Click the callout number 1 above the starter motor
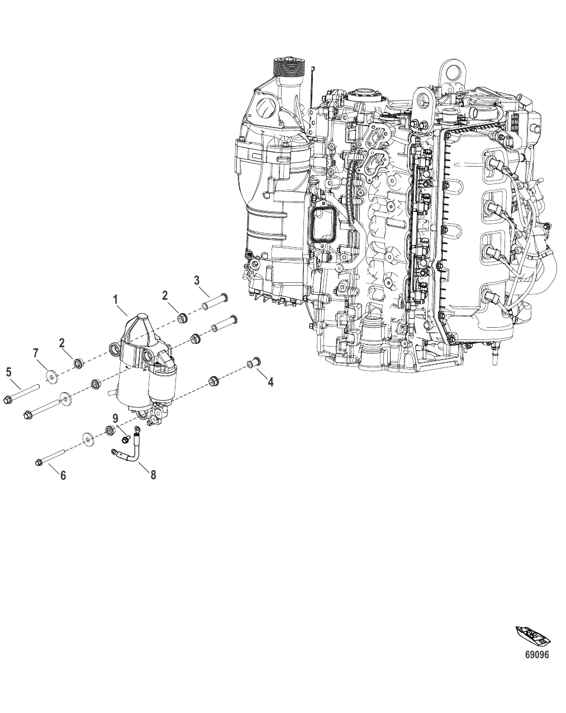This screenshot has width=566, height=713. [116, 300]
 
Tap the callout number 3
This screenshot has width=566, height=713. [197, 280]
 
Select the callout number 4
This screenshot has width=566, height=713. [270, 382]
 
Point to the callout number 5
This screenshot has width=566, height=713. [8, 371]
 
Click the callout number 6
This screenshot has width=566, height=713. [63, 475]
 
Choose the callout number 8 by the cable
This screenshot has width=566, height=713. [153, 474]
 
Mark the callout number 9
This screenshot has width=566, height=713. [115, 418]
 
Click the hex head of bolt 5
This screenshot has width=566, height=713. [8, 399]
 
